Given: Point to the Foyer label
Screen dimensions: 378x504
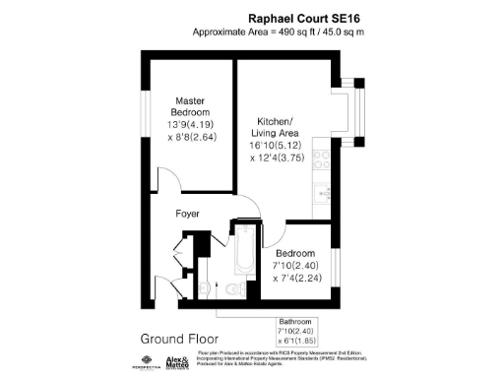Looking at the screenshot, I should (x=188, y=213).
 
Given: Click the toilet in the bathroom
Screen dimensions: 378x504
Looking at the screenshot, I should (x=231, y=288).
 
